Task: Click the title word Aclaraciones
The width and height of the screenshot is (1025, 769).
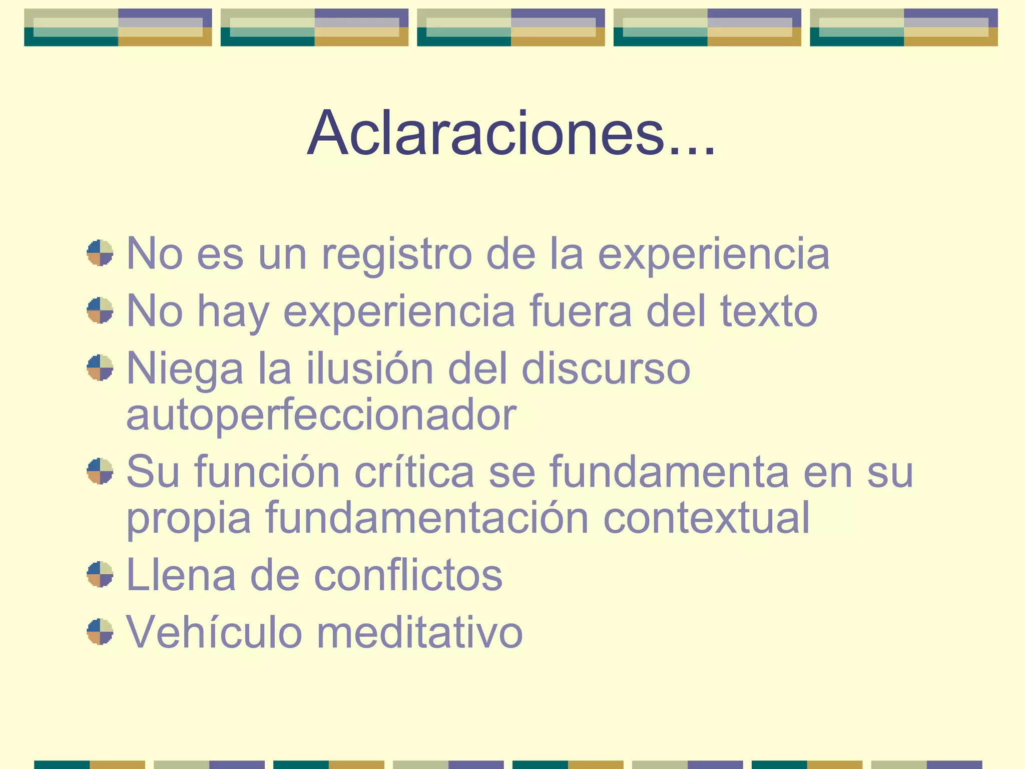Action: pos(510,134)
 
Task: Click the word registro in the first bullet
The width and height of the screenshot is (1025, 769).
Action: pos(396,254)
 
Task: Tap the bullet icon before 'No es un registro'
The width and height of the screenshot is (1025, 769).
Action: pos(100,253)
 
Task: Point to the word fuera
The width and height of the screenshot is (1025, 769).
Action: pos(581,311)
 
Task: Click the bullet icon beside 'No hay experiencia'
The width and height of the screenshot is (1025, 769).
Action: pos(100,310)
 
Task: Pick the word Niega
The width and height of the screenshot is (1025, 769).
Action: pos(185,369)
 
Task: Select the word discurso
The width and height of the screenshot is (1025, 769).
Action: pos(606,368)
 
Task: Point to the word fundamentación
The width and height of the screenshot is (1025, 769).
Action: pos(427,518)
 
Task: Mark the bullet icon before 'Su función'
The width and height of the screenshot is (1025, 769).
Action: pos(100,471)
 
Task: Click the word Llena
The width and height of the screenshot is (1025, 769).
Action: pos(181,575)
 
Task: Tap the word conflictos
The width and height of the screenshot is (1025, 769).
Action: pos(408,575)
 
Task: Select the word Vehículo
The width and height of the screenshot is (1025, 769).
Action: pos(214,632)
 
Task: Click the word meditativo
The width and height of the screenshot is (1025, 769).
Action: pos(420,632)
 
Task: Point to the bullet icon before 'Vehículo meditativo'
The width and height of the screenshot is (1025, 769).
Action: pos(100,632)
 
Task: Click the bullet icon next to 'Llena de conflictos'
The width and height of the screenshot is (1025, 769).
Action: pos(100,574)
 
